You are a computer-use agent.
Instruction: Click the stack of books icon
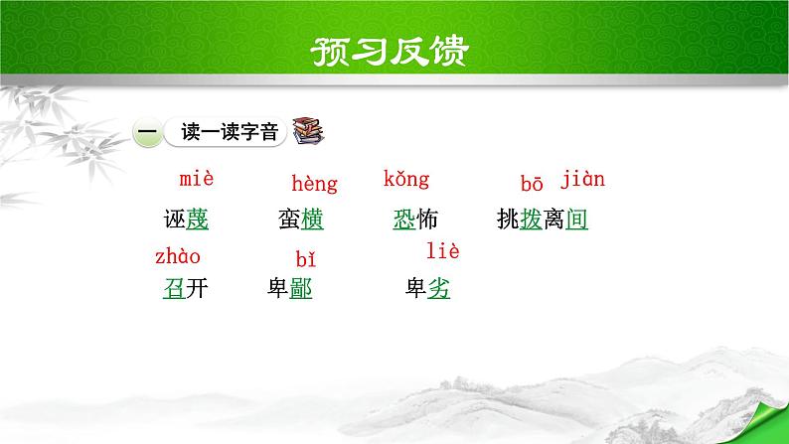pos(310,131)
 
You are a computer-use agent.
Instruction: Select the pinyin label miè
pos(197,180)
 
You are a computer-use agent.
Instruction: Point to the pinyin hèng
pos(314,184)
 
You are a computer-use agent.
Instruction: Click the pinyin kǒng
pos(406,180)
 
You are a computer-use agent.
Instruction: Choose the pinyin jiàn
pos(582,180)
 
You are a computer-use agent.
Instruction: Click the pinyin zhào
pos(178,257)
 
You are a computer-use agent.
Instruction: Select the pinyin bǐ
pos(306,260)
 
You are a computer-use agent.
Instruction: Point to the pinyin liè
pos(442,251)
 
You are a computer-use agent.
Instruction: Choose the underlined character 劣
pos(438,289)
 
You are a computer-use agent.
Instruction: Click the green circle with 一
pos(146,132)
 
